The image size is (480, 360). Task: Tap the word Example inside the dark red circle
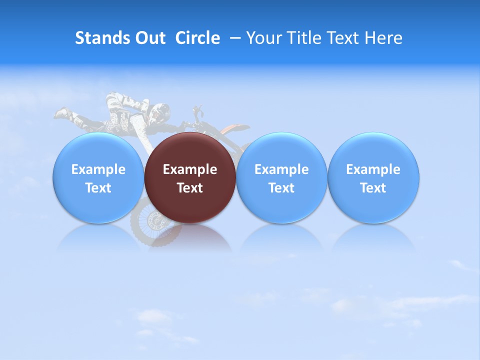point(189,169)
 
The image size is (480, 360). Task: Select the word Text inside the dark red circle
point(189,188)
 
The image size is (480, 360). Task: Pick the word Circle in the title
point(197,38)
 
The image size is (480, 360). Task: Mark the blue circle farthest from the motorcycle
point(373,178)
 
